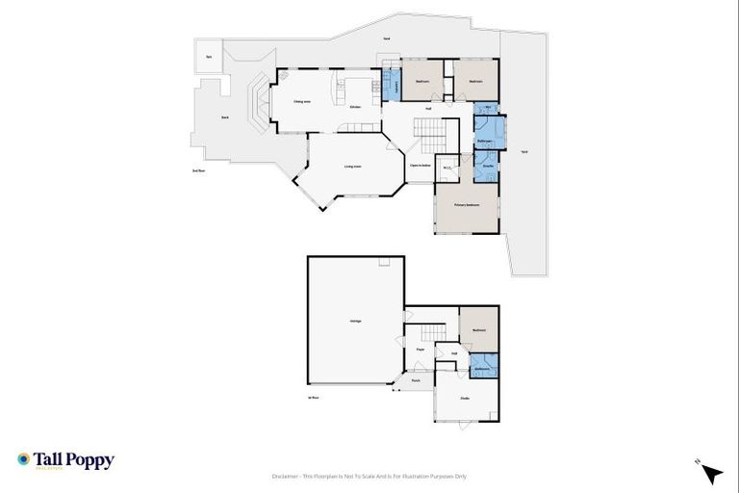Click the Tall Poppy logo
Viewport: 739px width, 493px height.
65,460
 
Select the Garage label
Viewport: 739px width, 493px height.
355,321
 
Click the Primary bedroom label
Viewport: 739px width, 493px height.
468,205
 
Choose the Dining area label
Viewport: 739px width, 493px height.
301,101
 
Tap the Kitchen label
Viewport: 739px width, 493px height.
355,106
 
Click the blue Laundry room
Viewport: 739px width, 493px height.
392,84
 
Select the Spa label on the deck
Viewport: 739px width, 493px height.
209,57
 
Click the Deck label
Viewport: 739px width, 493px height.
225,117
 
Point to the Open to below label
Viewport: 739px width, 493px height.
420,166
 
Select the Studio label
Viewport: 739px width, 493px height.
464,398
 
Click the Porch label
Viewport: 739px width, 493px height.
416,380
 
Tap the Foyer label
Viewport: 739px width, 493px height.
420,349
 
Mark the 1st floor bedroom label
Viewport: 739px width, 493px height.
479,330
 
